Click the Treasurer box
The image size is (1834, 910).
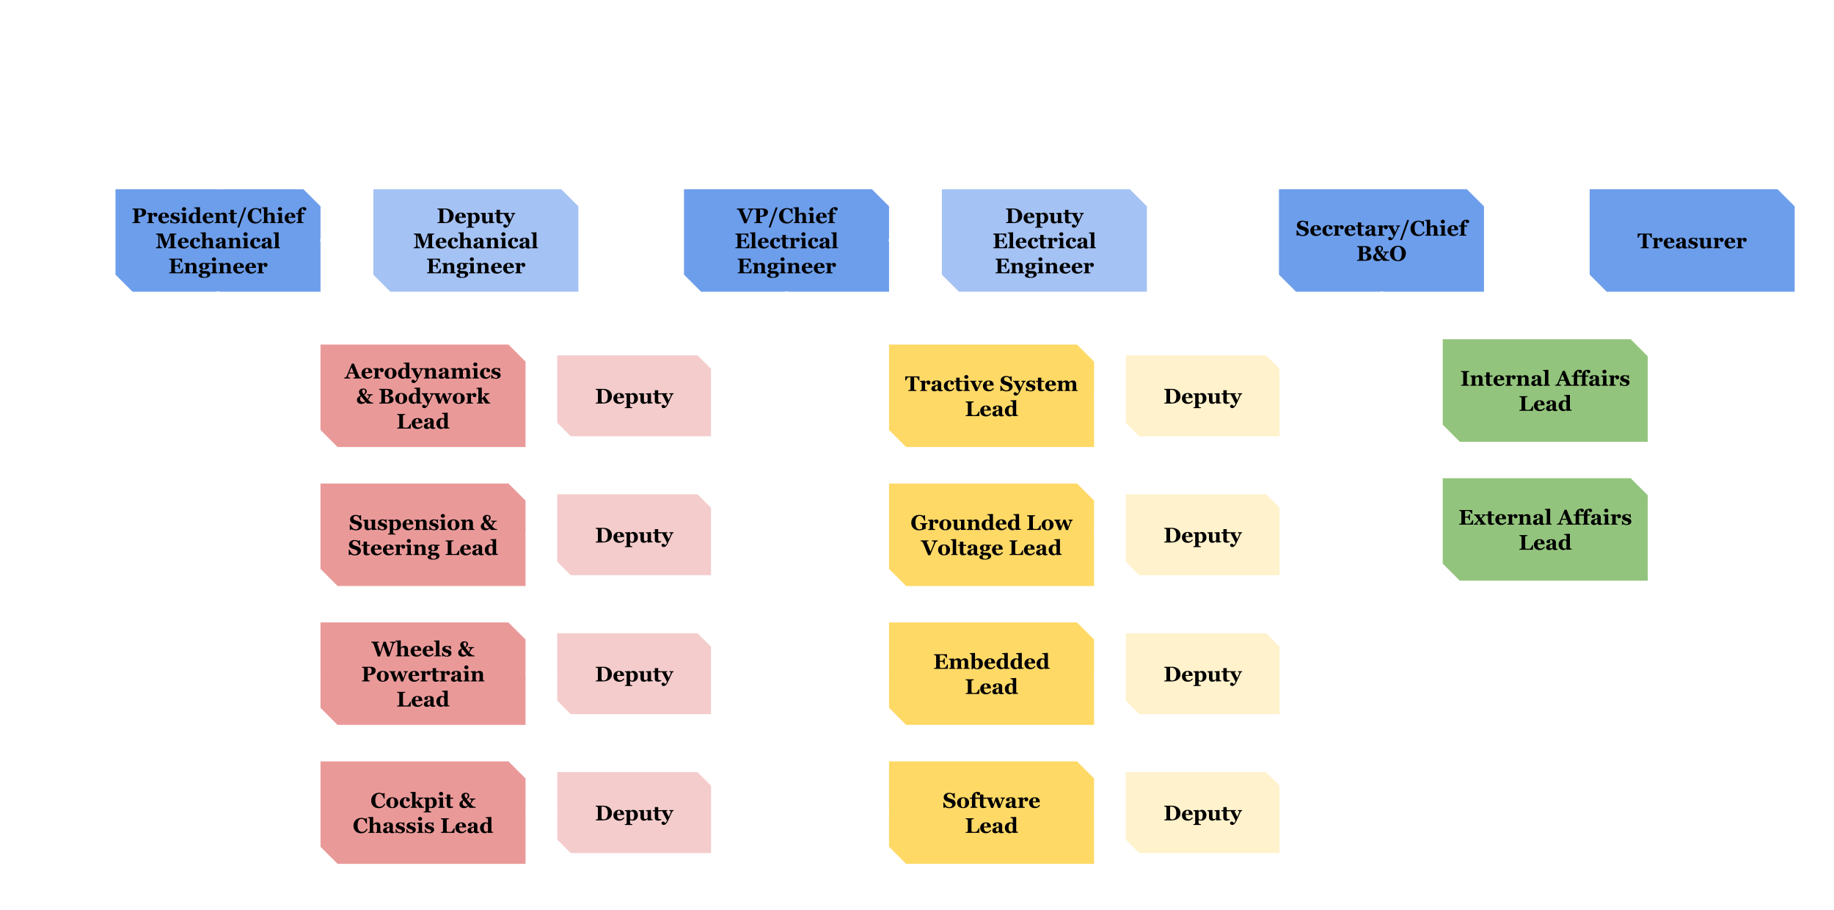tap(1691, 241)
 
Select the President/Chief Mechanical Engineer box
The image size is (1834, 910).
tap(218, 241)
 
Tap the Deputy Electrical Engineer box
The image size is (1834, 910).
tap(1043, 241)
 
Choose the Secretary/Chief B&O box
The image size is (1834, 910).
tap(1381, 241)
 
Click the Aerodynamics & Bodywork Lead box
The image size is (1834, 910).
tap(423, 396)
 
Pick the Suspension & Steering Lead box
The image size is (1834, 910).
tap(423, 535)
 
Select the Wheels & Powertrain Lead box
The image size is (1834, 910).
tap(423, 674)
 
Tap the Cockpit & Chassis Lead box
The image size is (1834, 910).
tap(423, 812)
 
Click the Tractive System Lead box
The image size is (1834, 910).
tap(991, 396)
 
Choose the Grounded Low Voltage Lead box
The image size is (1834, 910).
tap(991, 535)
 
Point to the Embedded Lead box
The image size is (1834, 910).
tap(991, 674)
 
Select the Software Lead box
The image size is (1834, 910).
tap(991, 812)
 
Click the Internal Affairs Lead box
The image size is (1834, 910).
tap(1545, 390)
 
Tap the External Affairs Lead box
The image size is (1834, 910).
tap(1545, 530)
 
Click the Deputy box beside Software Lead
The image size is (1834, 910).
tap(1202, 812)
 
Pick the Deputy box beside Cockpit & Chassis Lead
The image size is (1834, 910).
tap(634, 812)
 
